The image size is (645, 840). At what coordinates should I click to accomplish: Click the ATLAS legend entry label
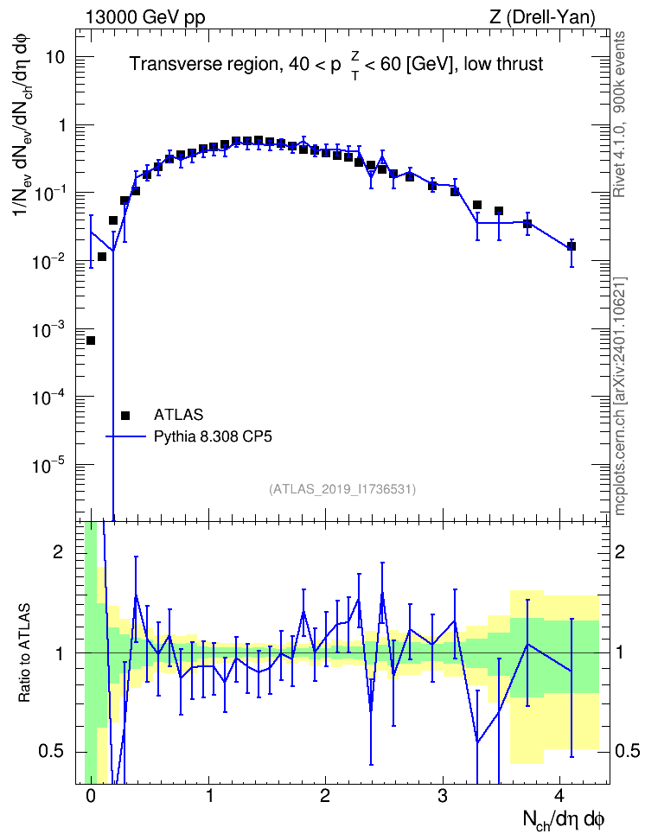178,415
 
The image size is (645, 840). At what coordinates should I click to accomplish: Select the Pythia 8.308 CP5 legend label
213,436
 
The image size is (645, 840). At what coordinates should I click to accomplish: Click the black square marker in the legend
125,415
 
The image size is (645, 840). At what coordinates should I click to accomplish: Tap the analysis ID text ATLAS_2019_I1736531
342,488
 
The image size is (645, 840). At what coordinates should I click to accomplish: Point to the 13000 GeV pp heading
144,17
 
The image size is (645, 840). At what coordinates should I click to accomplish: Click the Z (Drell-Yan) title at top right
542,17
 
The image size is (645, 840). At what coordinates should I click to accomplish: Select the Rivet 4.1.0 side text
619,114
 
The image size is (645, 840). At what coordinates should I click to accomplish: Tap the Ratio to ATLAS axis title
24,652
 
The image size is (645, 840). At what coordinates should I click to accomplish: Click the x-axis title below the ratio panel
564,819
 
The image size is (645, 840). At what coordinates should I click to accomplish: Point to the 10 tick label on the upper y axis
55,57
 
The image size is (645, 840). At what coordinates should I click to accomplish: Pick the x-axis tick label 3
442,795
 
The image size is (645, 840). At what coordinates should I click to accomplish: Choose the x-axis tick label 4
559,795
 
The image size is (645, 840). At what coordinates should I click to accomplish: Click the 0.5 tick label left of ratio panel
51,752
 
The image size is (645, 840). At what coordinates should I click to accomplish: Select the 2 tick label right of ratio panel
620,552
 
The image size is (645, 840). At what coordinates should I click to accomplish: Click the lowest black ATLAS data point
91,340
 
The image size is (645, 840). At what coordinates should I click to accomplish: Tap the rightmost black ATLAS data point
572,246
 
